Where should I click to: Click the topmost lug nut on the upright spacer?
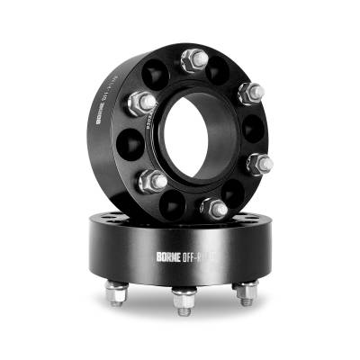click(194, 61)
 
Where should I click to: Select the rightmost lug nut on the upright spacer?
click(259, 164)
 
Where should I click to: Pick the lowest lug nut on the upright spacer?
click(214, 209)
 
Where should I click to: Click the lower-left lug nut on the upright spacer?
click(152, 181)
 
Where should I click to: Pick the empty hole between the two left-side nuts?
click(132, 142)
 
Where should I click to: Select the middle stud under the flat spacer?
click(184, 301)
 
